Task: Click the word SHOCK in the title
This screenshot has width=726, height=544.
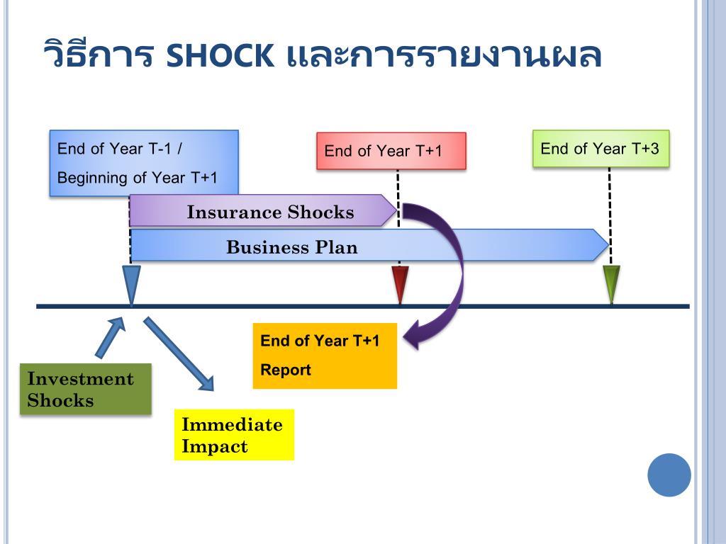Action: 220,56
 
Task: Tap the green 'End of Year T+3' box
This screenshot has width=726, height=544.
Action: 601,149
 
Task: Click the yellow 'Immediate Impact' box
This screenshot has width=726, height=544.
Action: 234,435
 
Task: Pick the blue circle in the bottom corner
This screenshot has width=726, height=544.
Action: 669,475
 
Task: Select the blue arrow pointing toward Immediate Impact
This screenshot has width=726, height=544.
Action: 179,354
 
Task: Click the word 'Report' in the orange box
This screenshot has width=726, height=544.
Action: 286,370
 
